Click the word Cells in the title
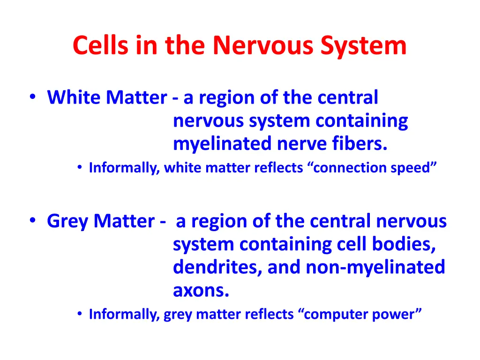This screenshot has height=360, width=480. click(98, 45)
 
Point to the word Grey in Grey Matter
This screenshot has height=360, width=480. click(67, 221)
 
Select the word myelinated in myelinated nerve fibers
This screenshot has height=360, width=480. click(223, 144)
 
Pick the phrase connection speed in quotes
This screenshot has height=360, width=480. click(372, 168)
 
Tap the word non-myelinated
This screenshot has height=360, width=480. click(375, 267)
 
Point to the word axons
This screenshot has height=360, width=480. click(201, 291)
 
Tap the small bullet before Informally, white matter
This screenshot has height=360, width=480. click(81, 168)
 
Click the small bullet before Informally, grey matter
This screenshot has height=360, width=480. click(81, 314)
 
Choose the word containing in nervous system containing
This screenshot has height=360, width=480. click(361, 121)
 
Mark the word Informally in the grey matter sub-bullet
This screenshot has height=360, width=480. click(124, 314)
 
